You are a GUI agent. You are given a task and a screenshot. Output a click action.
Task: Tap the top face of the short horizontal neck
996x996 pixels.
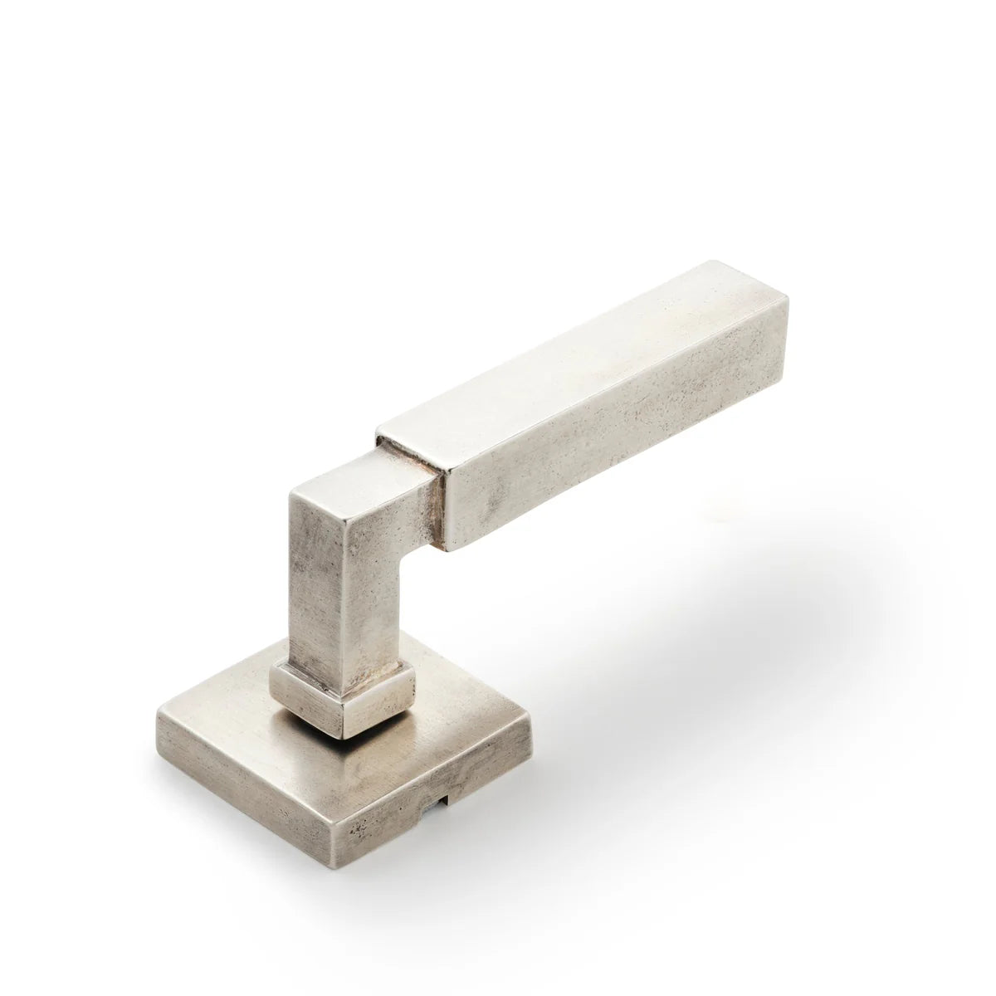click(x=365, y=473)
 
